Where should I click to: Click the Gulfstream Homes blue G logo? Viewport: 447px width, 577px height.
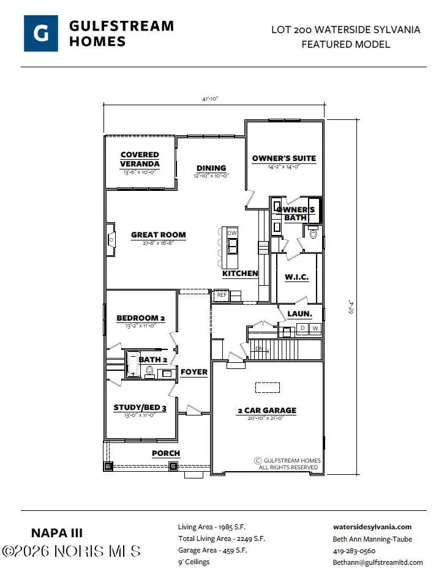[x=41, y=33]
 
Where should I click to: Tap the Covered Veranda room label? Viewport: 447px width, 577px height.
[x=140, y=159]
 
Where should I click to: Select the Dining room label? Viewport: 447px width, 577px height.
[x=211, y=168]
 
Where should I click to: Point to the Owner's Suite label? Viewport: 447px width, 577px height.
[x=284, y=158]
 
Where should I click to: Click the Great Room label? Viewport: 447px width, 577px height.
[x=159, y=234]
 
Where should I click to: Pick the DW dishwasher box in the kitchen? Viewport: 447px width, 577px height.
[x=232, y=233]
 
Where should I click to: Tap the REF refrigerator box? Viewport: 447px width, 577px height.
[x=222, y=295]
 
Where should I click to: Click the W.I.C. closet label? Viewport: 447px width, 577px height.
[x=296, y=277]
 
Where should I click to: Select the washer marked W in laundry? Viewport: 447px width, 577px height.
[x=315, y=329]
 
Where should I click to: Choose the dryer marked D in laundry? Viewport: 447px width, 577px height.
[x=302, y=329]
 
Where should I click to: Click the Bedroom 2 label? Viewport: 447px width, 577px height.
[x=141, y=318]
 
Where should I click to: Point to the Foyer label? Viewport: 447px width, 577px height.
[x=194, y=372]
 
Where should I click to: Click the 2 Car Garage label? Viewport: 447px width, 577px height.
[x=266, y=411]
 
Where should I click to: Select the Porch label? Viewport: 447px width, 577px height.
[x=166, y=453]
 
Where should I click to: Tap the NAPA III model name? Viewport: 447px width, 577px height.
[x=56, y=533]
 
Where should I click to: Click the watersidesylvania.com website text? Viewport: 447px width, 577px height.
[x=372, y=527]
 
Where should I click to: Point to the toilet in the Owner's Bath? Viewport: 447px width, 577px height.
[x=315, y=234]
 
